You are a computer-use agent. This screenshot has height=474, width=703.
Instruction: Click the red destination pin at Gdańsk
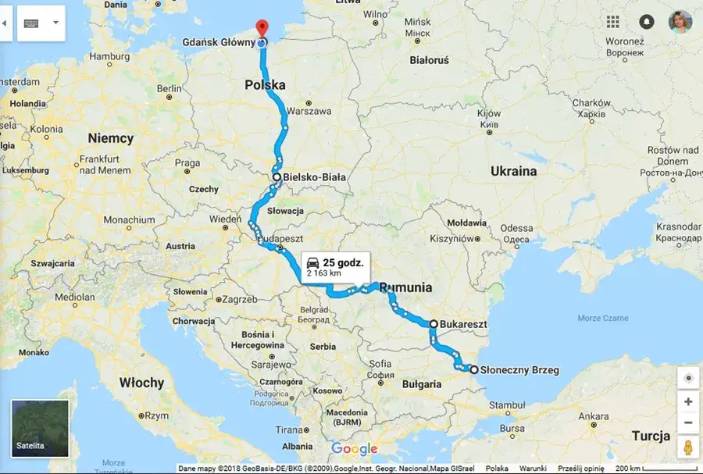(262, 27)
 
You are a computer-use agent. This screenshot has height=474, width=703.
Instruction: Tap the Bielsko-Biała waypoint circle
(277, 177)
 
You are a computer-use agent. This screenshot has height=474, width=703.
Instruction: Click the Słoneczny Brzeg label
(520, 370)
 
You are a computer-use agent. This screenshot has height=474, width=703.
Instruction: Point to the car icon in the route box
(312, 262)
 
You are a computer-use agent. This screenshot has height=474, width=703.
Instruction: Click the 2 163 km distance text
(324, 273)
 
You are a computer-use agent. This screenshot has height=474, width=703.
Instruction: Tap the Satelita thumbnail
(40, 428)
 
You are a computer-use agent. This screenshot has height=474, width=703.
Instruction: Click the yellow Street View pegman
(687, 448)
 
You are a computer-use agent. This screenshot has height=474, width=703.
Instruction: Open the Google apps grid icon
(613, 22)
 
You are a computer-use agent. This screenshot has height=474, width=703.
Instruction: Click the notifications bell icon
(647, 22)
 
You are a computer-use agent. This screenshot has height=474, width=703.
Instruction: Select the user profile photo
(680, 22)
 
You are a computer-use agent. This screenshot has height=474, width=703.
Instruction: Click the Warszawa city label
(310, 111)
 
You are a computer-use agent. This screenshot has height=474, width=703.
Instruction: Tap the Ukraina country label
(513, 171)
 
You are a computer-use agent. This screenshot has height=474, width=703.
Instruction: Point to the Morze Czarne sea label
(604, 318)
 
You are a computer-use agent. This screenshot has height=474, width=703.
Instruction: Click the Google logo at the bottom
(354, 449)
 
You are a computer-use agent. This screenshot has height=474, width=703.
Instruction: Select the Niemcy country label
(110, 138)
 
